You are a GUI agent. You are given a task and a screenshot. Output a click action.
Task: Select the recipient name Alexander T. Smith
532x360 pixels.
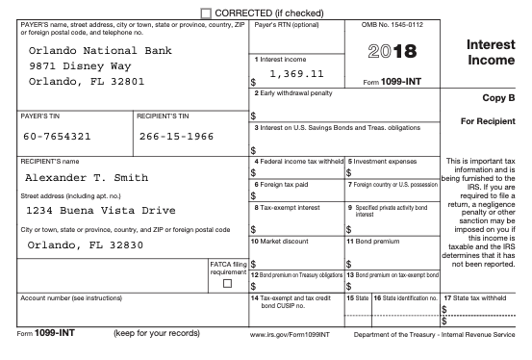(x=86, y=178)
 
